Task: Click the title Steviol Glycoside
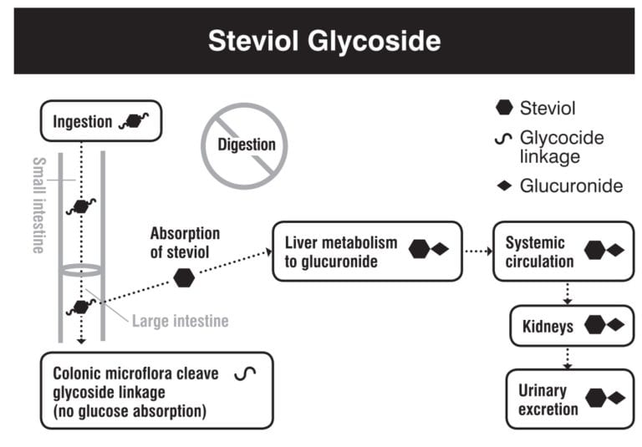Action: point(323,41)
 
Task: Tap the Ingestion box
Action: point(100,122)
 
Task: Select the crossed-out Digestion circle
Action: point(247,145)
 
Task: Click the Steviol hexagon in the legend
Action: point(504,107)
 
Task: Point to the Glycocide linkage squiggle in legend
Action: point(504,139)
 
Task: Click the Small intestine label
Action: point(38,205)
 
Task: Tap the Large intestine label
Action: point(180,321)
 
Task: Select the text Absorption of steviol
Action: point(185,242)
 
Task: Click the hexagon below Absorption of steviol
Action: point(184,278)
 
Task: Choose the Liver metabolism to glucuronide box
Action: point(367,251)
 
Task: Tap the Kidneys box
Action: point(572,326)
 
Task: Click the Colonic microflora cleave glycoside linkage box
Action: point(156,390)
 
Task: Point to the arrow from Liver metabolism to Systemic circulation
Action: point(476,251)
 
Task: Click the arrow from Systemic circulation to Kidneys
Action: point(568,292)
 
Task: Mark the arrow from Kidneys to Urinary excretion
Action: point(568,358)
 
